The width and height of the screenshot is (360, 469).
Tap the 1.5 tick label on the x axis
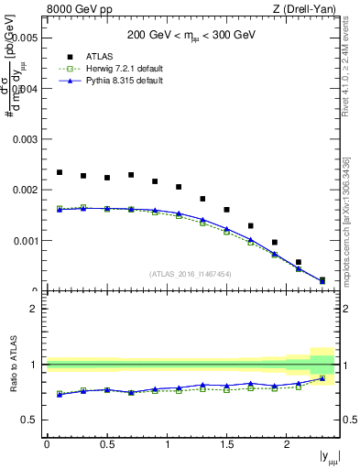pyautogui.click(x=226, y=444)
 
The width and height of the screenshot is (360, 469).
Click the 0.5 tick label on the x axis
pyautogui.click(x=106, y=444)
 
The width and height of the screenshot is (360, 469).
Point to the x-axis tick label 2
pyautogui.click(x=287, y=444)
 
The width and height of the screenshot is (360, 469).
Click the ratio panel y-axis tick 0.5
pyautogui.click(x=31, y=420)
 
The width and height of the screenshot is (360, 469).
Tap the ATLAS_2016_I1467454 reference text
pyautogui.click(x=191, y=274)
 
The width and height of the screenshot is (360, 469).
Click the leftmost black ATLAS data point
pyautogui.click(x=59, y=172)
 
